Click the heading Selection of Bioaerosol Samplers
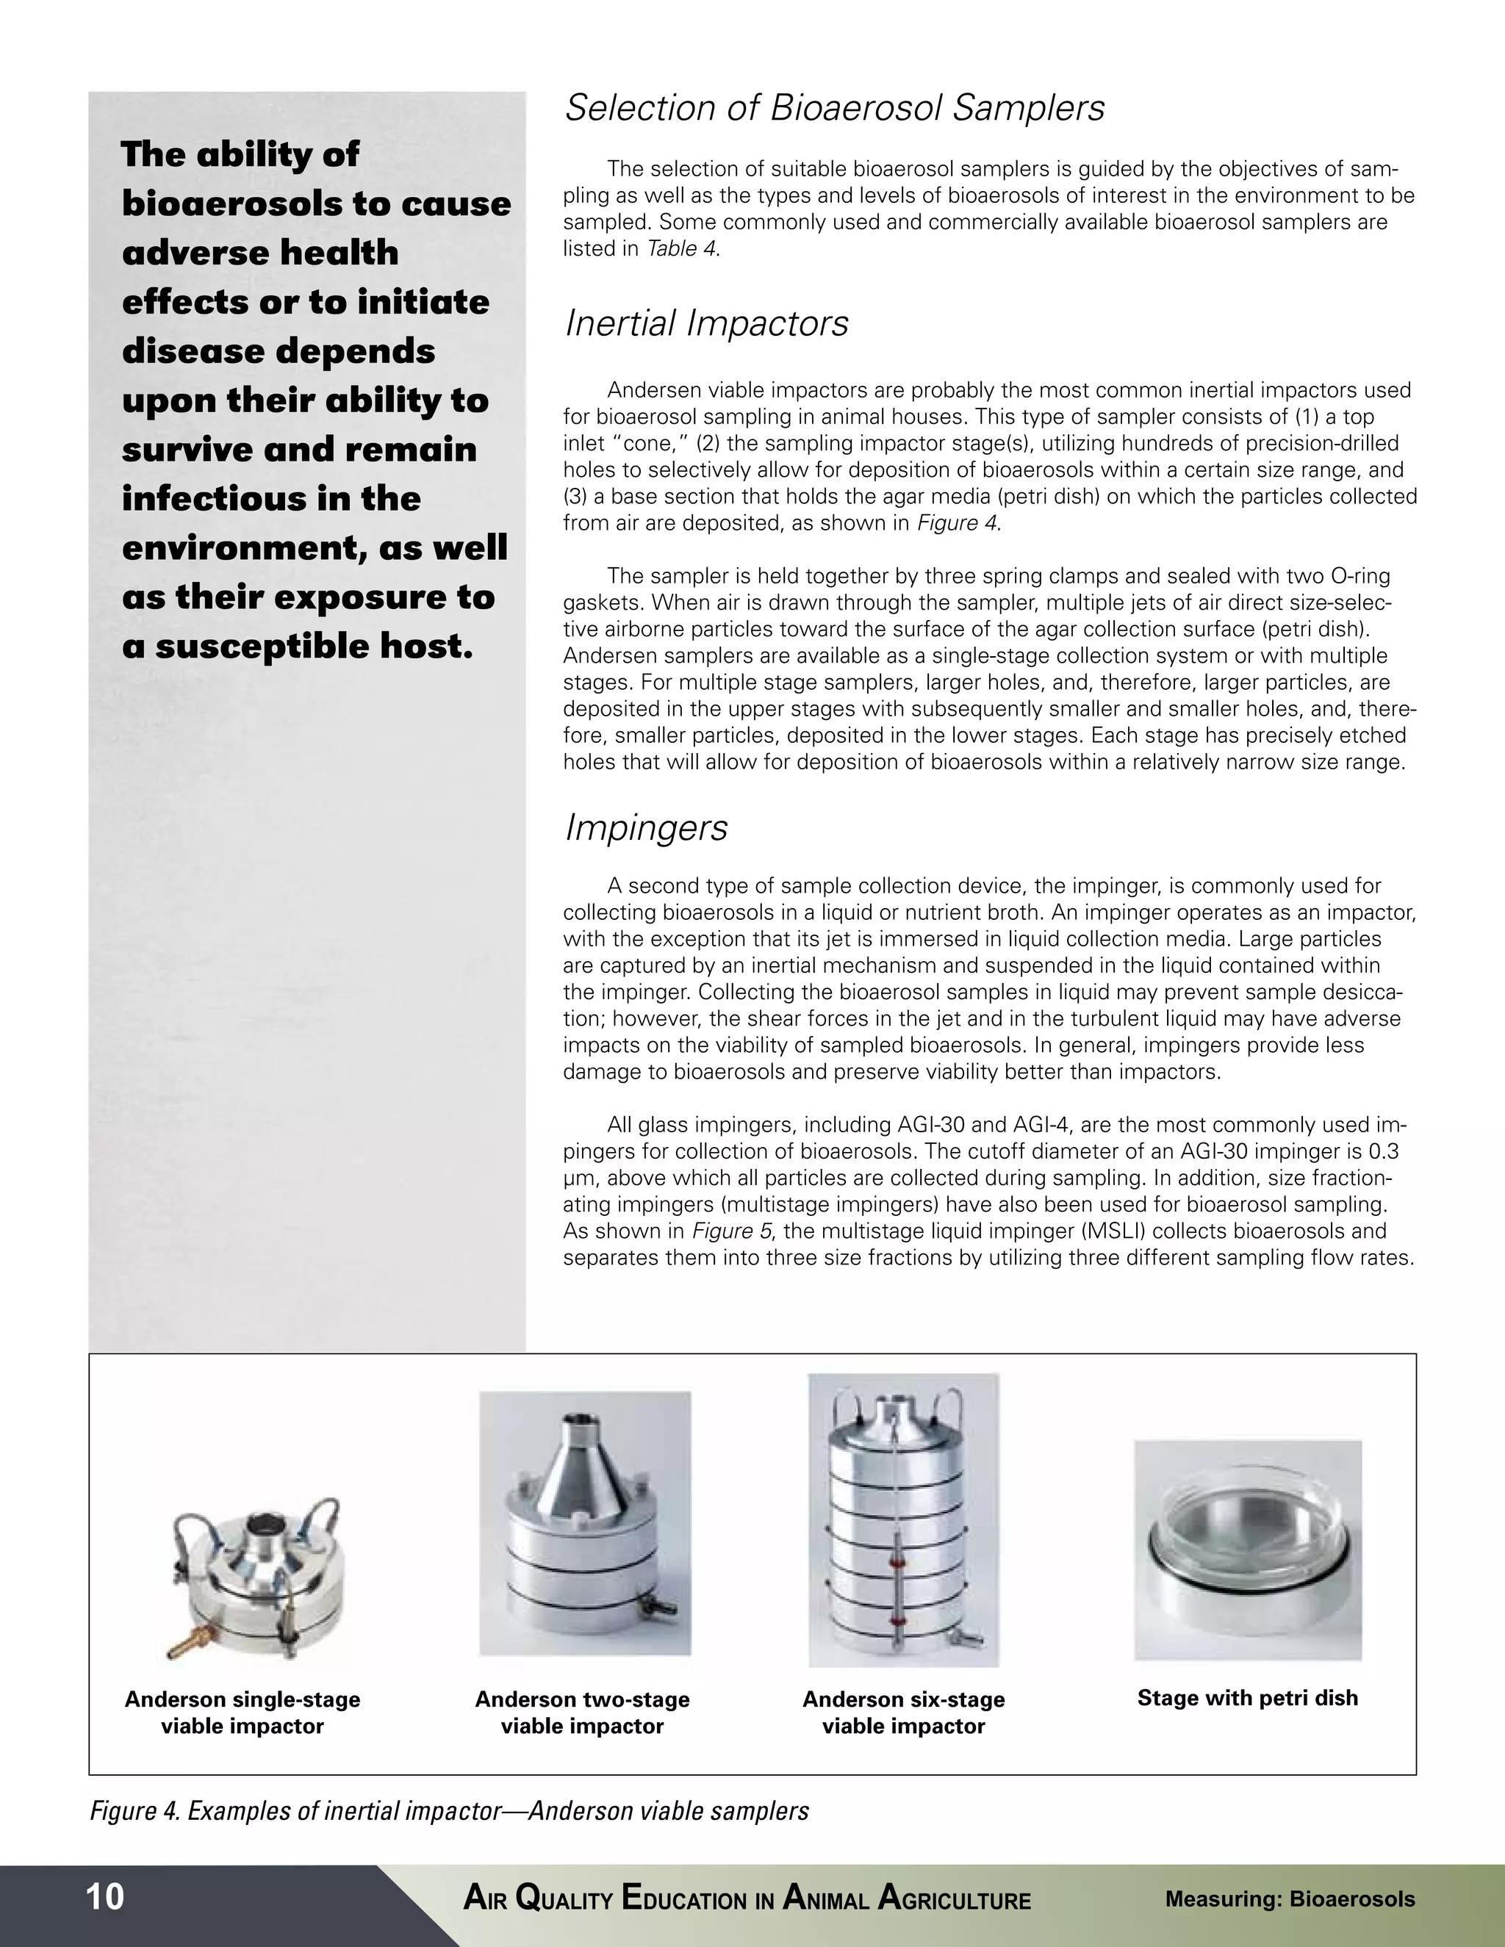pos(835,108)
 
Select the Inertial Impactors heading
pos(706,323)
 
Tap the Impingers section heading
pos(647,827)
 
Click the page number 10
pos(105,1896)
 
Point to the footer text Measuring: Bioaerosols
pos(1289,1898)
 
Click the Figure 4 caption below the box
pos(449,1810)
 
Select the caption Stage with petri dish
pos(1246,1697)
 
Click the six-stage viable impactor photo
pos(902,1520)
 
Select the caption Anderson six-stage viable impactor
pos(903,1712)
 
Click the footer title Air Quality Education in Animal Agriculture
pos(747,1898)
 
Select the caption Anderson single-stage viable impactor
pos(242,1712)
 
